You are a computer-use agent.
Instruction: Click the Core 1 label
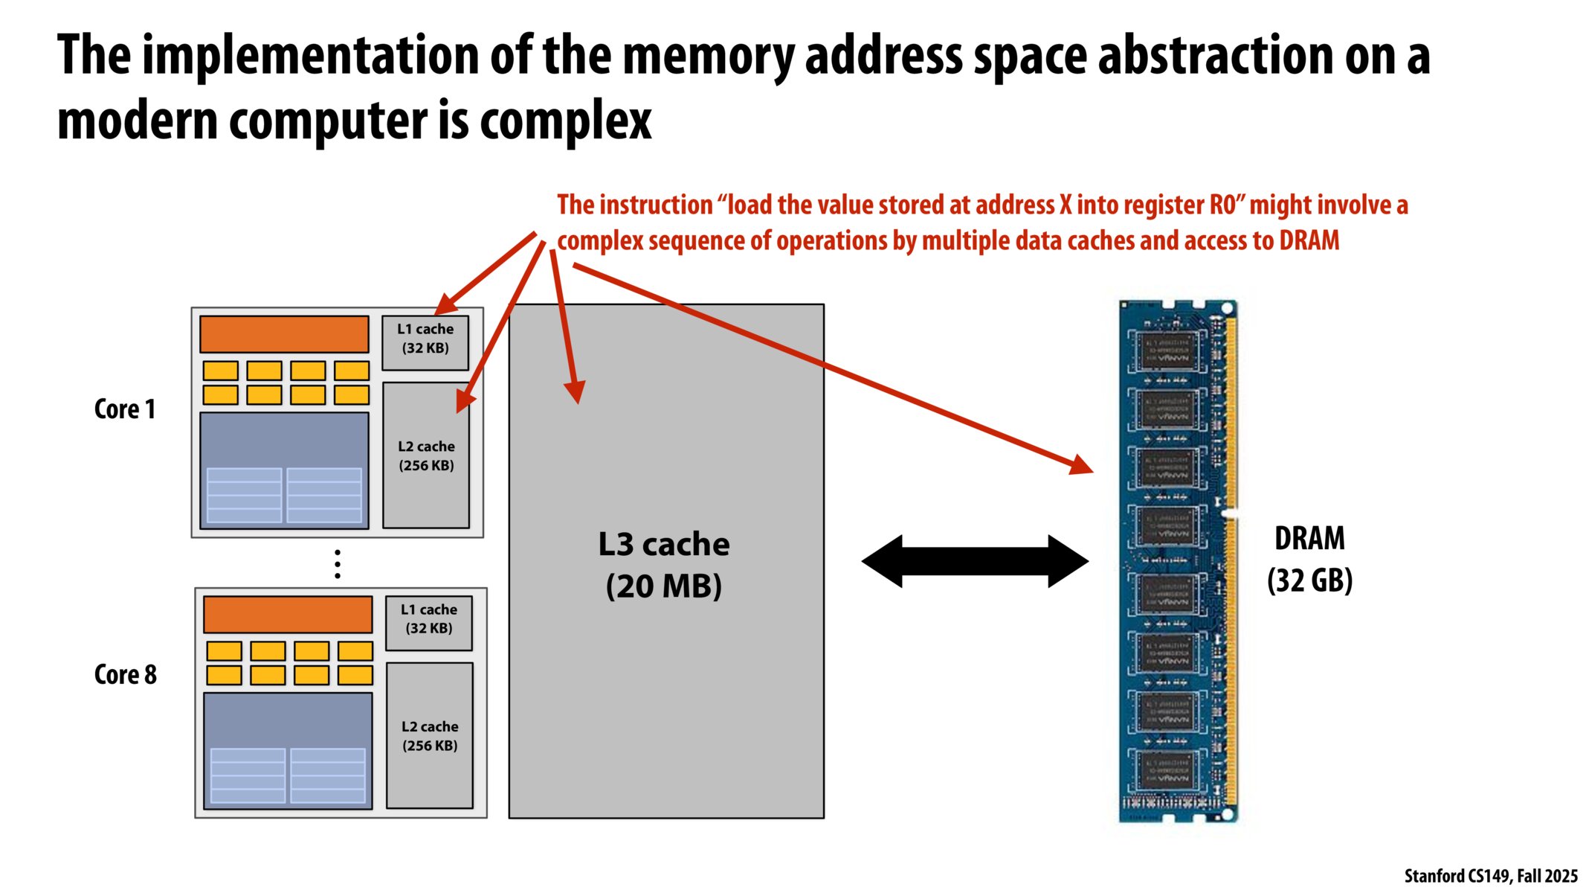tap(125, 409)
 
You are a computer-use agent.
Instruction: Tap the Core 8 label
tap(125, 675)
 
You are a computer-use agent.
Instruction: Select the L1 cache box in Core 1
tap(425, 342)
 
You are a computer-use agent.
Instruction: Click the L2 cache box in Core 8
tap(429, 735)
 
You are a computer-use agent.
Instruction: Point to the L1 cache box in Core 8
tap(428, 623)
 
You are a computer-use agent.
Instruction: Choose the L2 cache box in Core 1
tap(425, 455)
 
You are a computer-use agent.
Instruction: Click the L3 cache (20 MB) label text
tap(664, 565)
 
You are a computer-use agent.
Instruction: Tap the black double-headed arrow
tap(975, 561)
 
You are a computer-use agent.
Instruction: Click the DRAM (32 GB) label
tap(1309, 559)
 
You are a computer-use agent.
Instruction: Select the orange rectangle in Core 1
tap(284, 334)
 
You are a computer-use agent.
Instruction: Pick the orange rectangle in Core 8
tap(288, 615)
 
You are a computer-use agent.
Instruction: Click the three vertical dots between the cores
tap(338, 564)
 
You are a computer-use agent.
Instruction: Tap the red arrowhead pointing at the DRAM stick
tap(1081, 466)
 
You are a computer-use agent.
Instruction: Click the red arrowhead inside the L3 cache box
tap(576, 391)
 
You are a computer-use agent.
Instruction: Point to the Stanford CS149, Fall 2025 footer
tap(1490, 876)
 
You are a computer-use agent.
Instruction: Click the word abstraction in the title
tap(1217, 56)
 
